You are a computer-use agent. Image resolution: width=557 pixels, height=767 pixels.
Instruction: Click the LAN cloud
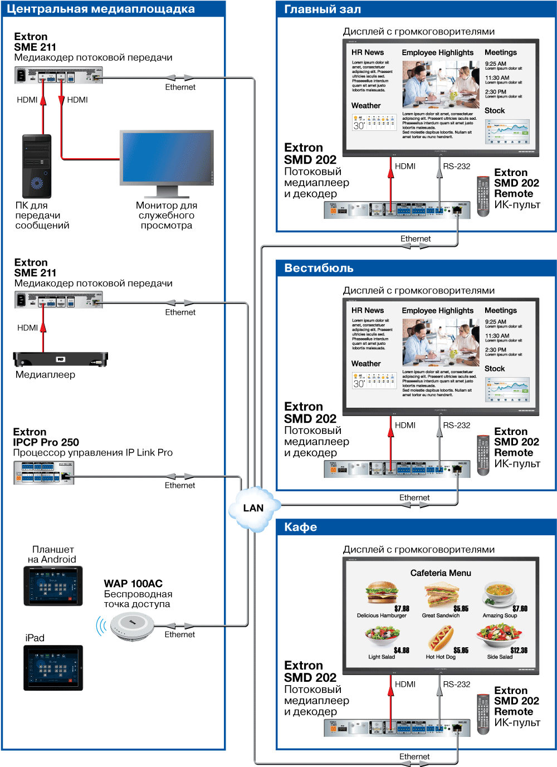click(x=253, y=508)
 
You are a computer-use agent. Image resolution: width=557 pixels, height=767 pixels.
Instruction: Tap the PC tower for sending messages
click(x=37, y=166)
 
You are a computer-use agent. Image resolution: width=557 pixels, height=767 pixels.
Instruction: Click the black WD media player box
click(x=60, y=359)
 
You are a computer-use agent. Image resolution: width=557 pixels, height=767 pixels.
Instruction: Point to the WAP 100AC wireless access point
click(x=132, y=626)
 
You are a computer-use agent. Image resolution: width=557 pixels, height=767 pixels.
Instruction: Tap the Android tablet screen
click(x=53, y=586)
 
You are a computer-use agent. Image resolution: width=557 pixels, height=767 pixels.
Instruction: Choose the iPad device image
click(x=53, y=667)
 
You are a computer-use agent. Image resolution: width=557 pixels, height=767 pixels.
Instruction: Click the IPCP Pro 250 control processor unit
click(x=43, y=473)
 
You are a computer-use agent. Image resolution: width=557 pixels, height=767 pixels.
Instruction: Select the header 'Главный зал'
click(x=323, y=9)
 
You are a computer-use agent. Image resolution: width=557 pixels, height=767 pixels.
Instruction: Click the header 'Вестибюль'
click(x=319, y=268)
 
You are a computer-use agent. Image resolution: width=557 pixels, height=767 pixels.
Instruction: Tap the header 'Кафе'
click(x=300, y=527)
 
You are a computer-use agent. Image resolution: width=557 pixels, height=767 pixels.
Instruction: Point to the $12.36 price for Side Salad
click(x=519, y=650)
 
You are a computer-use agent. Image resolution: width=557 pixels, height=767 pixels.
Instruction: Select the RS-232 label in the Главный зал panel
click(x=456, y=166)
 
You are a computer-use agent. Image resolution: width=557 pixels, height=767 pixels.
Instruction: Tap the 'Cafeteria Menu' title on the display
click(x=441, y=573)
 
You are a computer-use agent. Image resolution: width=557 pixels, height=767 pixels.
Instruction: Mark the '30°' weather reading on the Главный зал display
click(x=359, y=125)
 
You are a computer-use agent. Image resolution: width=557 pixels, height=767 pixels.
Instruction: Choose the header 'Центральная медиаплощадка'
click(x=101, y=9)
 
